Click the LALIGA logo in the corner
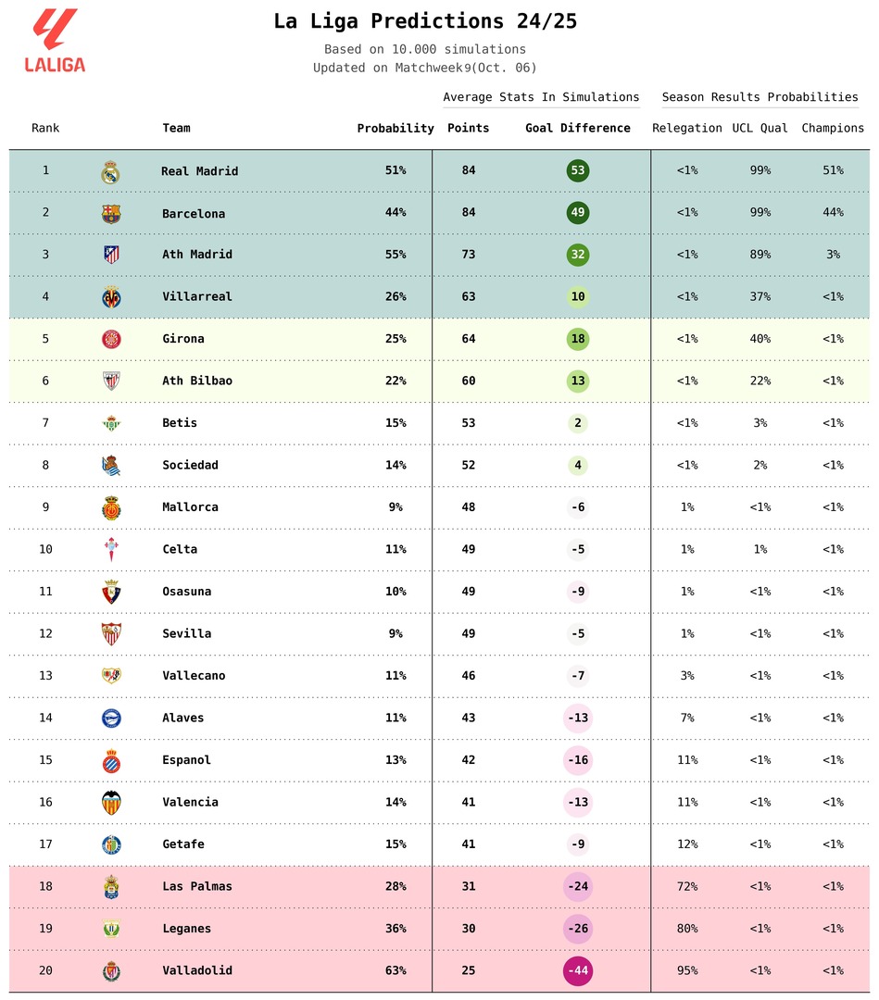(55, 41)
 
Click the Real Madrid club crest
(111, 171)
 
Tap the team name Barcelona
(194, 213)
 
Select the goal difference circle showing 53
(578, 170)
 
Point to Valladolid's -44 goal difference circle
(578, 970)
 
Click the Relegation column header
(687, 128)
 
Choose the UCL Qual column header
(760, 128)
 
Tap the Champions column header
(833, 128)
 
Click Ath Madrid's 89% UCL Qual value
(760, 255)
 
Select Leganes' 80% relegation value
(687, 929)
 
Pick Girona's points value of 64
(469, 339)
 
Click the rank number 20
(45, 970)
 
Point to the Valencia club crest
(111, 803)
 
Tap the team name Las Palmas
(197, 886)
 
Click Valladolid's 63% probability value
(396, 970)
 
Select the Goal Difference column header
(578, 128)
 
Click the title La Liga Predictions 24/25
(425, 21)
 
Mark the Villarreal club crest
(111, 297)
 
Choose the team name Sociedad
(190, 465)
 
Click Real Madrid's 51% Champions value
(833, 170)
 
